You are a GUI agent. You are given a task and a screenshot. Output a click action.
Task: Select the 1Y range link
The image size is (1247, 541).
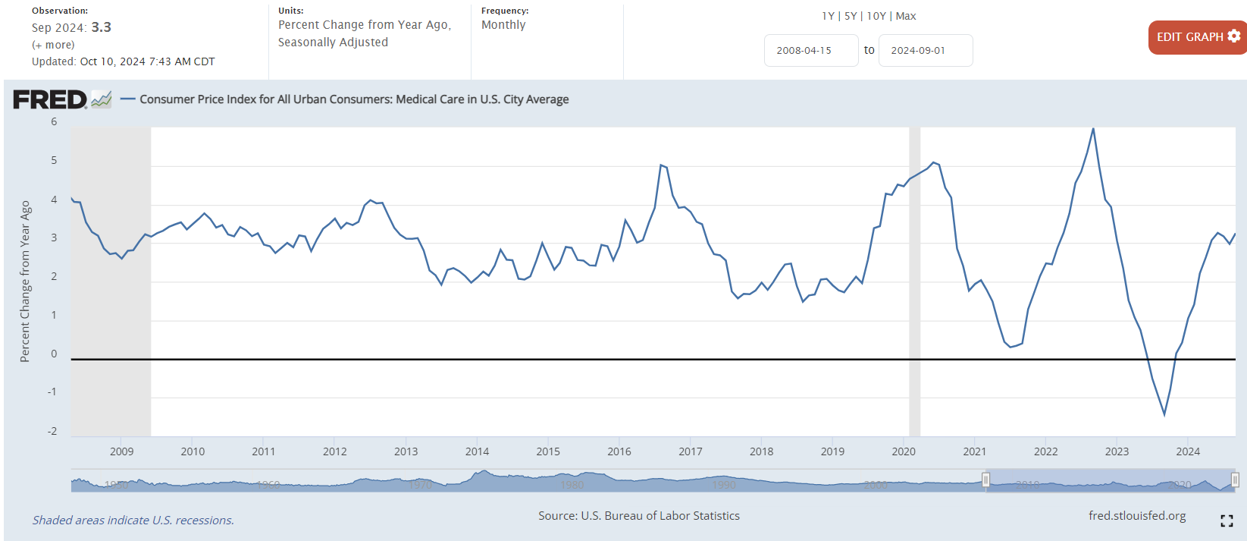click(828, 16)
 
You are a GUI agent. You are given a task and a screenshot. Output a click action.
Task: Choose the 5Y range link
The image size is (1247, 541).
click(851, 16)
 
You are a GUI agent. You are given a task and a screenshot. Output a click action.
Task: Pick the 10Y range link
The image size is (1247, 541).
click(876, 16)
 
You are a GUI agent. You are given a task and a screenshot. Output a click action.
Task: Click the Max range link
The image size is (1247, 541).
click(906, 16)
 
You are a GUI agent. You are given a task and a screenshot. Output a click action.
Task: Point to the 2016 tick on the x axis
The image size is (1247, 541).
click(619, 451)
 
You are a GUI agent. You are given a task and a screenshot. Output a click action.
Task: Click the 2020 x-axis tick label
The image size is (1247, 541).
click(904, 451)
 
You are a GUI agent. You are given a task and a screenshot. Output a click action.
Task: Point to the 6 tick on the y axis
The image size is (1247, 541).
click(54, 122)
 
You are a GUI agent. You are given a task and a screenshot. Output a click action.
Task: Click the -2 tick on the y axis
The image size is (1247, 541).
click(52, 431)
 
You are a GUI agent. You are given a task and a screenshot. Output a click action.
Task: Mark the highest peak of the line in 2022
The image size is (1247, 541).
click(1093, 128)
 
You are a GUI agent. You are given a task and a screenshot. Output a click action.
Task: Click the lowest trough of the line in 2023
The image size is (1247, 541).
click(1164, 414)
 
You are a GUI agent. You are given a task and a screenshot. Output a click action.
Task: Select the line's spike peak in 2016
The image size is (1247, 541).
click(661, 165)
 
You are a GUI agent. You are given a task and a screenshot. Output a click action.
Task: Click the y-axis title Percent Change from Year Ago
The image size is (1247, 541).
click(25, 281)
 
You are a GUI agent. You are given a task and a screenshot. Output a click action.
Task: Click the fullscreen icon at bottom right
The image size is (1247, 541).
click(1227, 521)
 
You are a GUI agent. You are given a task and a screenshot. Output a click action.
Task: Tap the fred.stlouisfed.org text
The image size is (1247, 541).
click(1137, 516)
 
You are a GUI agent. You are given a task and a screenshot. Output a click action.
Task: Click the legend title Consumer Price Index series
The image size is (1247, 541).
click(354, 99)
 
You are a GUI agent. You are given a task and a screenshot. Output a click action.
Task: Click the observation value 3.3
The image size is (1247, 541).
click(102, 27)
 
